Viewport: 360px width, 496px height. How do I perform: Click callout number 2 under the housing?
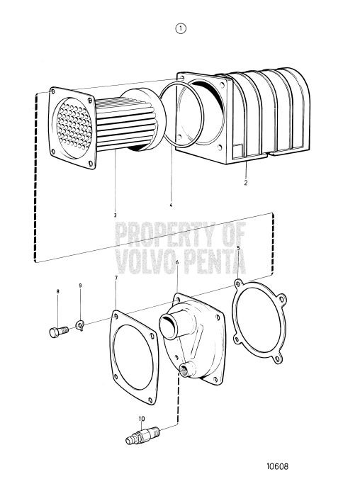(244, 182)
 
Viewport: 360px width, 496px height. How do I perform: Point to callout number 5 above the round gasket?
(239, 248)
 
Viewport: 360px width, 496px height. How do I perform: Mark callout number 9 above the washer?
(80, 286)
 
